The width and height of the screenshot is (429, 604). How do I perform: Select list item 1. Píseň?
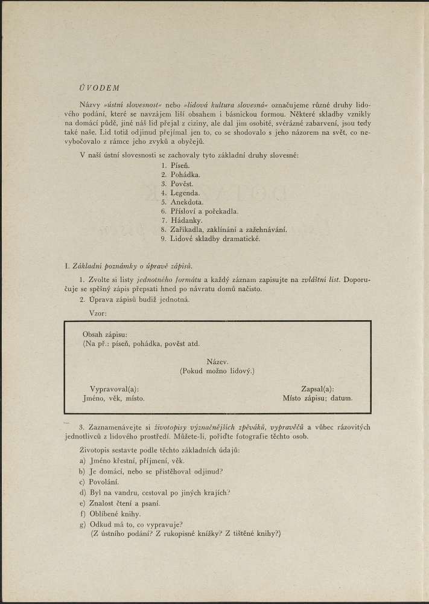click(176, 165)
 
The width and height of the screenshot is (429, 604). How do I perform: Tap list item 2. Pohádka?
click(180, 174)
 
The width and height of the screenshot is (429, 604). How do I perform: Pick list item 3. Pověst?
click(177, 183)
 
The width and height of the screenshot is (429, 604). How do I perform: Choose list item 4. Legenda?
click(180, 193)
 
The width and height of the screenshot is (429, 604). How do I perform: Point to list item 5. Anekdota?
click(182, 202)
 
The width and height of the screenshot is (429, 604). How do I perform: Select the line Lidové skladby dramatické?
click(211, 239)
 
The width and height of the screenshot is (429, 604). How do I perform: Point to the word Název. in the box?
click(217, 361)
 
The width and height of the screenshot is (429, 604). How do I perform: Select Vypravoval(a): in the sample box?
click(114, 390)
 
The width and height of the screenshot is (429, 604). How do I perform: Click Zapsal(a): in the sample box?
click(317, 390)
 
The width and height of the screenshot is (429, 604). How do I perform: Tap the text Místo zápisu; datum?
click(317, 399)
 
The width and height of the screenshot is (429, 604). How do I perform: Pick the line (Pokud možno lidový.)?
click(217, 370)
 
